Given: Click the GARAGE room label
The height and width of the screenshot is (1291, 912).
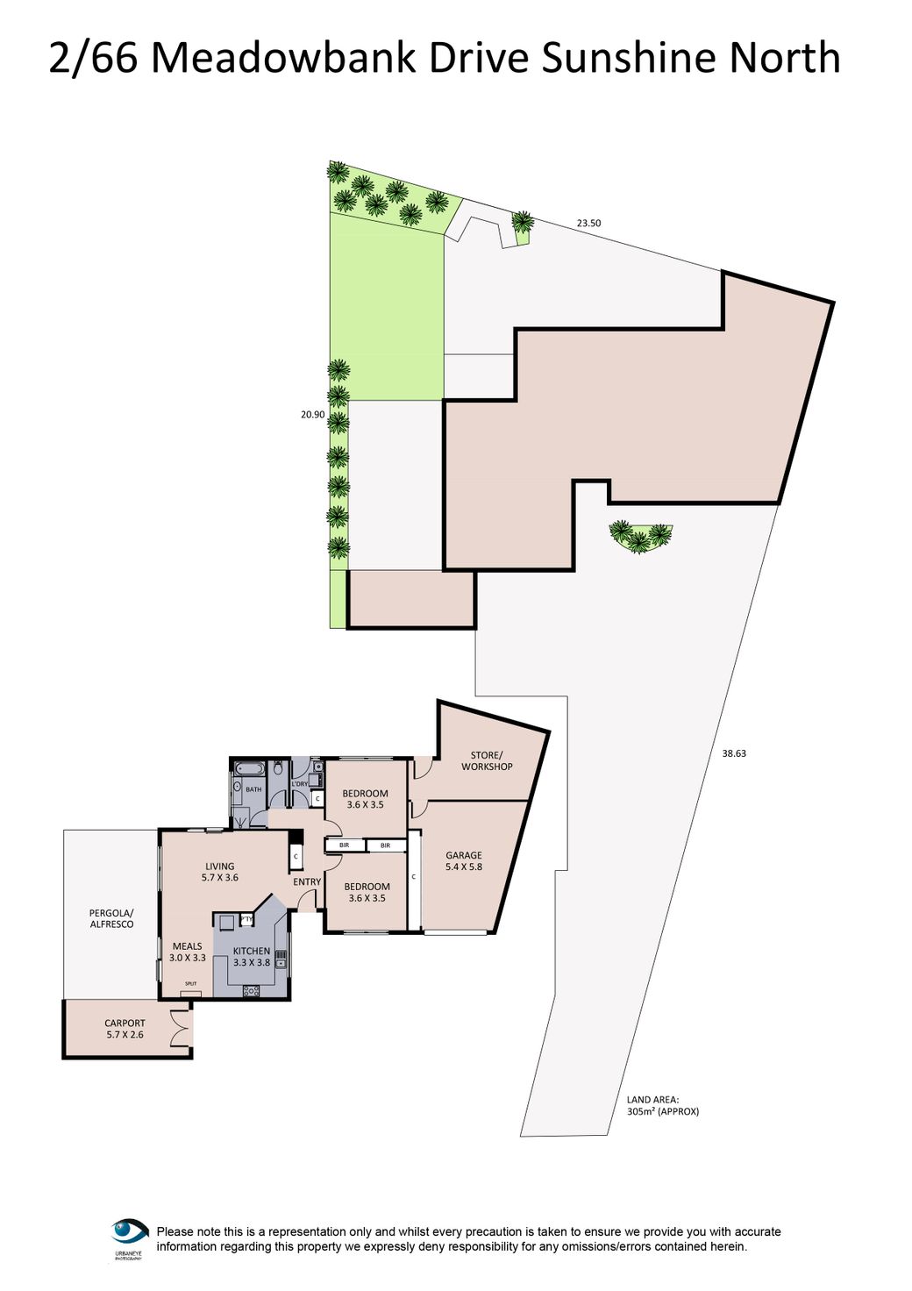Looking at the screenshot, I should (x=463, y=861).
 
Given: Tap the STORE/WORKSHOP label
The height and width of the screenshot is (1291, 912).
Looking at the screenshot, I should (x=487, y=761).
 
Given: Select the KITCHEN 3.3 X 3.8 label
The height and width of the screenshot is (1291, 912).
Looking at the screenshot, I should (x=252, y=957).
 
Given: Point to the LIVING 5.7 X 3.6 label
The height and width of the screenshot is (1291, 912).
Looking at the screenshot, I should (x=219, y=872).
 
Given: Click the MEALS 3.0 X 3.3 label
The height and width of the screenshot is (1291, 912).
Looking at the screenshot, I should (x=187, y=952).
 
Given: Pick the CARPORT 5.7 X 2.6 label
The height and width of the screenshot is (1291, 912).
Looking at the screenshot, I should (x=125, y=1029).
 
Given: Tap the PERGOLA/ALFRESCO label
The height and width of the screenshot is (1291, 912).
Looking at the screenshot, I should (x=111, y=919).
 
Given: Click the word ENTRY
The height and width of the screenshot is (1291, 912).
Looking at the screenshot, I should (x=307, y=882).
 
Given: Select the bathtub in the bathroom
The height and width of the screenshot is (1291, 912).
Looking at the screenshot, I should (x=250, y=769).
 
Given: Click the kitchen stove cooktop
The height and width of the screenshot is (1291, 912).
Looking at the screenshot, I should (x=251, y=991).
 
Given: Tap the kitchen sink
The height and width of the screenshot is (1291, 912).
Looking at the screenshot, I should (x=281, y=959).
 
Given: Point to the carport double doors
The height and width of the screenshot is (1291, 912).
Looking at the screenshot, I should (x=182, y=1028).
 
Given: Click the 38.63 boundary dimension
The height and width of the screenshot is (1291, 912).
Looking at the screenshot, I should (x=734, y=753).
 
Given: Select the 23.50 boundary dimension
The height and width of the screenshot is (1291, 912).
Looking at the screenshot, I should (x=588, y=224).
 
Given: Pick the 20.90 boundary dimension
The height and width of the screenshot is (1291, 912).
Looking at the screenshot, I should (x=312, y=415).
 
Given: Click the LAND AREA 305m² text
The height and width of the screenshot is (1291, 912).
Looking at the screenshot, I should (x=662, y=1105).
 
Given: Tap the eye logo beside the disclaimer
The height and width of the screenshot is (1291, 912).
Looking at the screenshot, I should (x=130, y=1233).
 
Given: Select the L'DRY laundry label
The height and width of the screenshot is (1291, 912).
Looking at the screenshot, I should (x=300, y=784).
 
